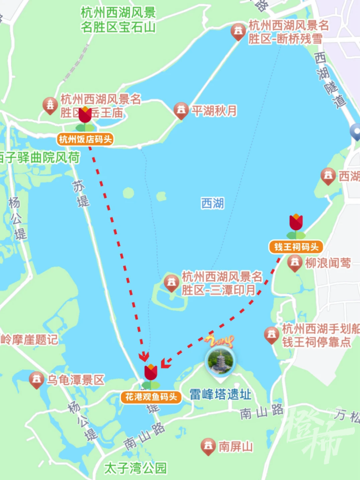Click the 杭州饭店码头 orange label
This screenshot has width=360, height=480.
point(85,139)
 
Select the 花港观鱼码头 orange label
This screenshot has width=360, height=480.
point(150,397)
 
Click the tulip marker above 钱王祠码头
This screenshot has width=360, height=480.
point(296,224)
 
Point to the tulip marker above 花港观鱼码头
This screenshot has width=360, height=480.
point(150,374)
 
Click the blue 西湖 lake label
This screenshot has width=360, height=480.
point(212,203)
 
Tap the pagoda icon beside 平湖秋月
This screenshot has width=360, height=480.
point(181,110)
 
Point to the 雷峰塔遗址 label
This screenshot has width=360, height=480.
point(220,394)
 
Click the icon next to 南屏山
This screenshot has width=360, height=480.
point(208,446)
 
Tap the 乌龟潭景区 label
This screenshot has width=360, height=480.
point(75,380)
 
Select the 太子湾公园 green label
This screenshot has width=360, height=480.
point(135,468)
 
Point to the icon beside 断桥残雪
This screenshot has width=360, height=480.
point(238,31)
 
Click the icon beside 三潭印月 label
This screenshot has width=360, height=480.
point(171,283)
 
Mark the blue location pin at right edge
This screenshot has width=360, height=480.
point(355,132)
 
